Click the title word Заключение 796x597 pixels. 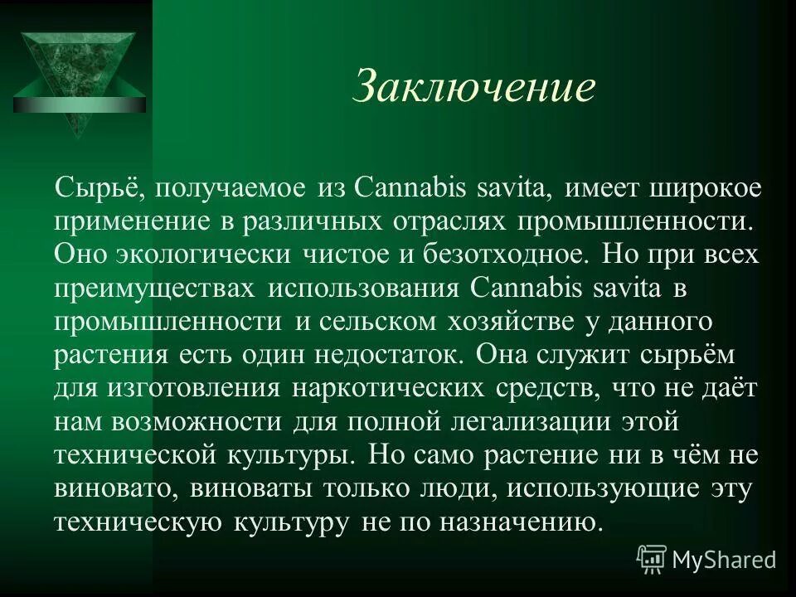coord(474,87)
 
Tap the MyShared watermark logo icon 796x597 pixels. coord(652,560)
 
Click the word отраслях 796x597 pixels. coord(449,221)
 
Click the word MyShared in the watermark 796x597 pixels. coord(725,561)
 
